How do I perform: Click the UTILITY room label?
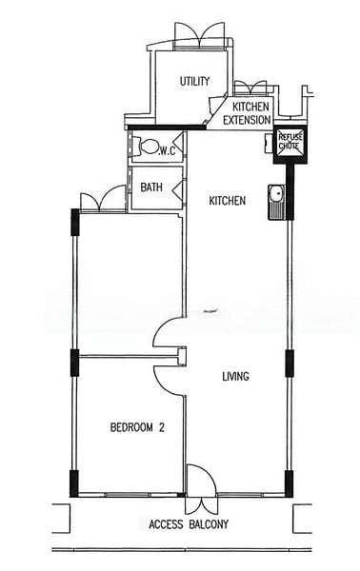194,81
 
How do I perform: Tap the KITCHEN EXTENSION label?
247,113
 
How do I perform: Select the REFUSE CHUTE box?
290,145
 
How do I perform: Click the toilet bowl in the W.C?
147,147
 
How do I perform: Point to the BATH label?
151,187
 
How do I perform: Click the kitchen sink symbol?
276,202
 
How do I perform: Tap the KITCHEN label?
227,201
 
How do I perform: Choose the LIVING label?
236,376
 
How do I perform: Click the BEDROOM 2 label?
137,427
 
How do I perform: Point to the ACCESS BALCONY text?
189,524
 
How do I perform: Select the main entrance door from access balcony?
202,480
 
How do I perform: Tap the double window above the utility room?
199,35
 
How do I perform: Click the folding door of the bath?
178,188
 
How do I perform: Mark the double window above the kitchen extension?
250,89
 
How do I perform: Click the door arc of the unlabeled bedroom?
166,330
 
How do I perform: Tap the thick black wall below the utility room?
167,128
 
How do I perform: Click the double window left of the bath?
103,198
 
